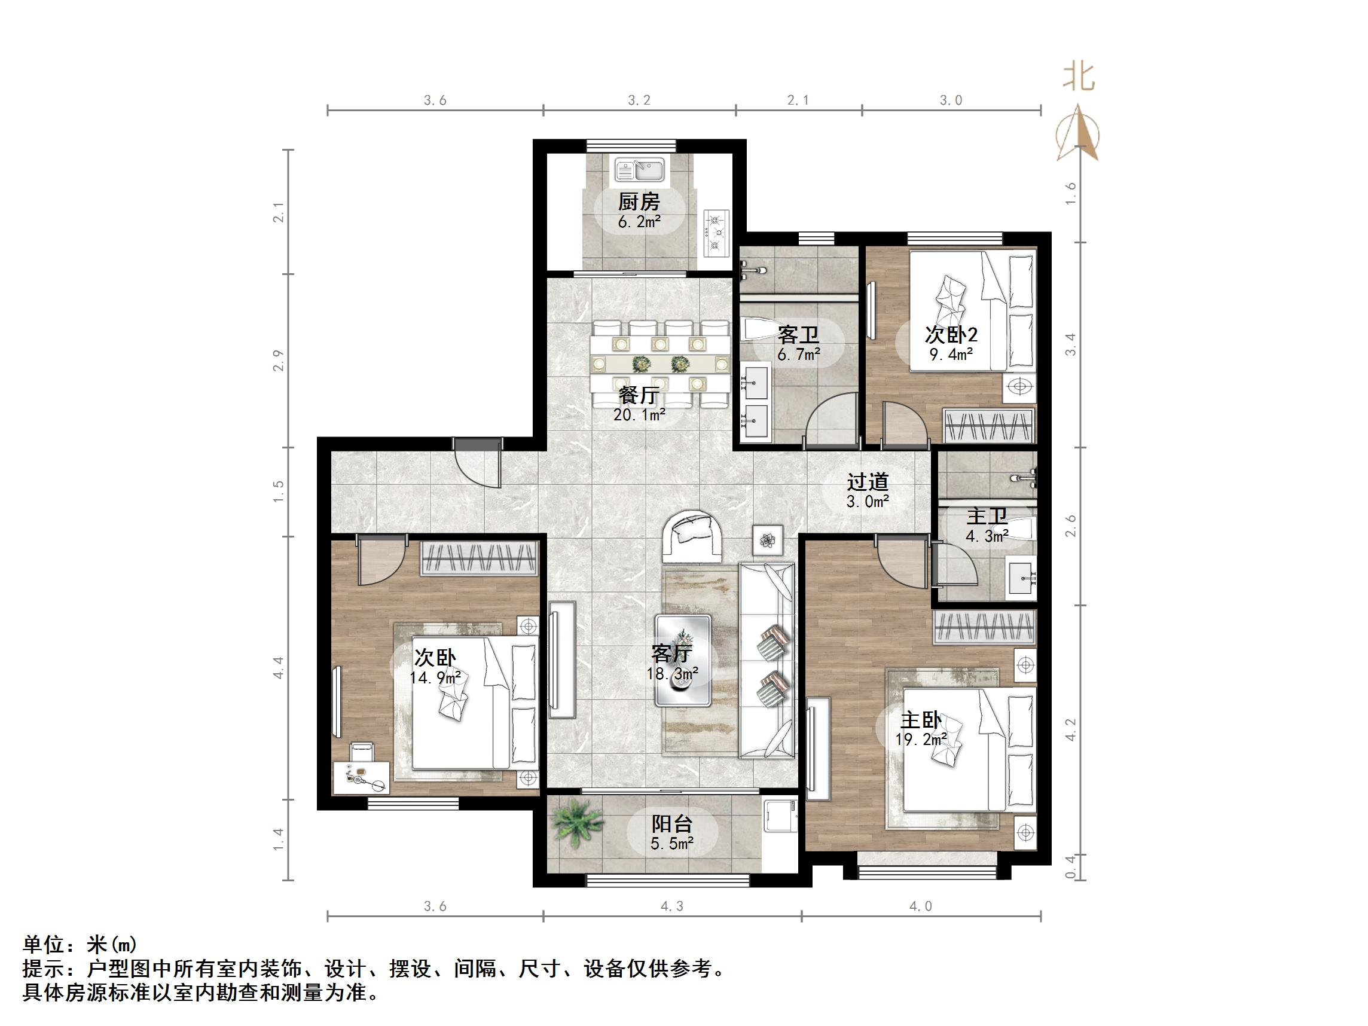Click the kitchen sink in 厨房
pos(640,169)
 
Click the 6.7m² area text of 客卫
pos(798,355)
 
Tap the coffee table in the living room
pos(683,660)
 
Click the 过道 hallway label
pos(867,482)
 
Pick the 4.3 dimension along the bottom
pos(672,906)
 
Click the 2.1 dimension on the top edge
pos(798,100)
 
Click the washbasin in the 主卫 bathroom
pos(1021,578)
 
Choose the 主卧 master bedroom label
pos(921,720)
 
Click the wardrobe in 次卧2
pos(988,426)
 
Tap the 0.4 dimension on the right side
pos(1070,866)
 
